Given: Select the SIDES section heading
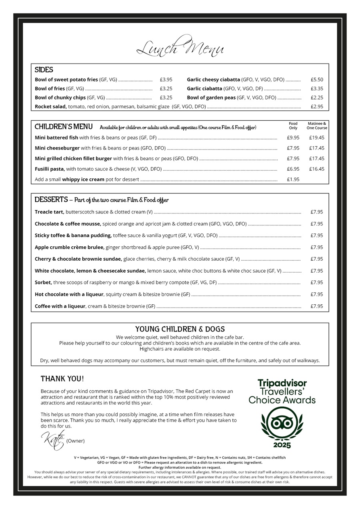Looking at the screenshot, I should [x=44, y=70].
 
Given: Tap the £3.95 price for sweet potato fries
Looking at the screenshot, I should [x=166, y=80].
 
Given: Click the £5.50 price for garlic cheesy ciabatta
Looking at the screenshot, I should [x=317, y=80].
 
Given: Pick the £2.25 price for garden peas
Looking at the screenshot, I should [x=317, y=98].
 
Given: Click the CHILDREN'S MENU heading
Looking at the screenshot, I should [x=64, y=127].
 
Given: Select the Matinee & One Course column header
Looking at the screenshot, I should [x=316, y=126].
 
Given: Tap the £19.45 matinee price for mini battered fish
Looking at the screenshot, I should [x=316, y=138].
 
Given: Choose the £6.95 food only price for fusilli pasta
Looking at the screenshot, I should [x=293, y=169].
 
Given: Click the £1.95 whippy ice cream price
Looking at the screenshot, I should [x=293, y=180].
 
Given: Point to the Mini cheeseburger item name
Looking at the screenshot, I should [x=57, y=148].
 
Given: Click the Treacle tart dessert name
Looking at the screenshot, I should [x=49, y=212].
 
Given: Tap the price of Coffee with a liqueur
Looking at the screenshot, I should [x=317, y=306].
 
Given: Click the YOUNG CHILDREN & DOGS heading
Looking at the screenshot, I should [x=180, y=329].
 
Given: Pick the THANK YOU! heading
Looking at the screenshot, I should [x=62, y=379].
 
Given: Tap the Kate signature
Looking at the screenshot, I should [x=53, y=440].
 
